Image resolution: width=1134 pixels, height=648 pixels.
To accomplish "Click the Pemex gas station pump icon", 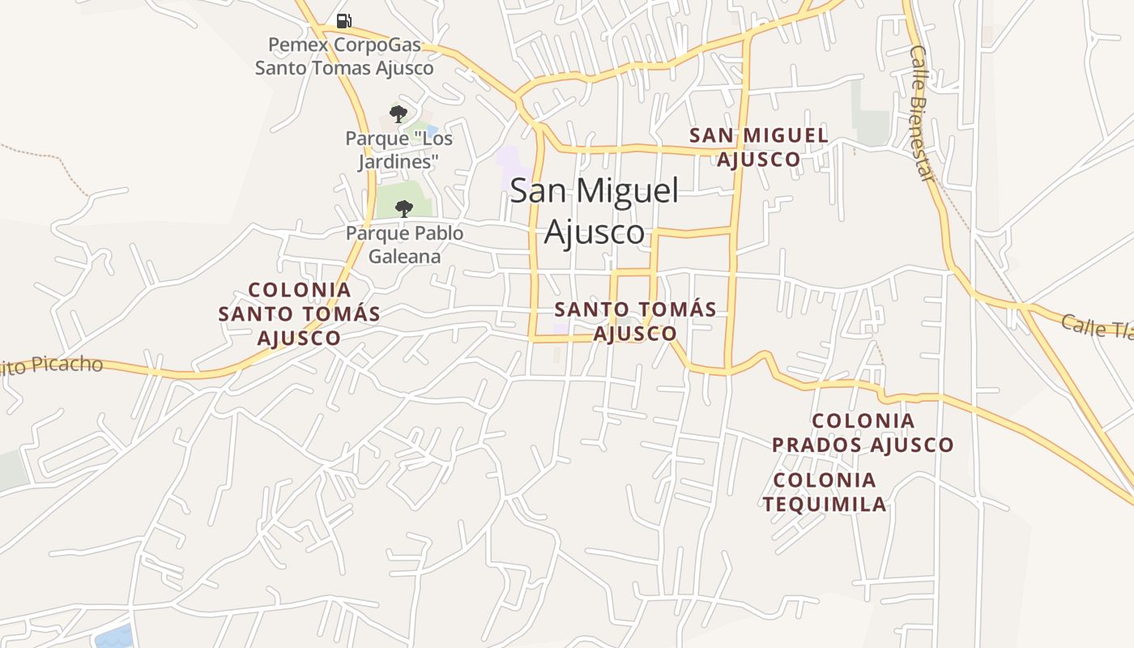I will click(x=344, y=20).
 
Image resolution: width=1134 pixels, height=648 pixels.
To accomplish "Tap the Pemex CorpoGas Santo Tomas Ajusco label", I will click(x=344, y=56).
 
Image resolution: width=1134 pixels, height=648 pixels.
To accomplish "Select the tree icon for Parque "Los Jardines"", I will click(x=398, y=114).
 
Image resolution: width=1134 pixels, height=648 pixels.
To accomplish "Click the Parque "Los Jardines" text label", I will click(x=399, y=150).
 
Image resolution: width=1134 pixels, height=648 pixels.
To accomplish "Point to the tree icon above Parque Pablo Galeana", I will click(x=403, y=209).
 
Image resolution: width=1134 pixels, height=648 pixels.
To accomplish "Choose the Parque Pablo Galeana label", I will click(x=404, y=245).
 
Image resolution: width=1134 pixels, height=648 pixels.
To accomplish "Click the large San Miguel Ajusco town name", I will click(x=594, y=211).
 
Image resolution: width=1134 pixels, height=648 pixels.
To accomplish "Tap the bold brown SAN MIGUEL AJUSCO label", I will click(x=759, y=147).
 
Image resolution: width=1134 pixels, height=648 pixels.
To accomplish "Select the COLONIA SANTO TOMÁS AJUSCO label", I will click(x=300, y=313).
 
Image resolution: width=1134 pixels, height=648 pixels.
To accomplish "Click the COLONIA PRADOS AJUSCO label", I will click(x=863, y=433).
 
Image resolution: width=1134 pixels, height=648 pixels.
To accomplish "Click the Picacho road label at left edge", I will click(x=52, y=366).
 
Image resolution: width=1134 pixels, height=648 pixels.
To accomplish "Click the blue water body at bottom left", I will click(x=114, y=637).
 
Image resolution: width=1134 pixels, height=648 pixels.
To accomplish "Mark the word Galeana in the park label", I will click(x=404, y=257).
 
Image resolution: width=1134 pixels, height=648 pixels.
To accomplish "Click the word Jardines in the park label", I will click(x=399, y=162).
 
